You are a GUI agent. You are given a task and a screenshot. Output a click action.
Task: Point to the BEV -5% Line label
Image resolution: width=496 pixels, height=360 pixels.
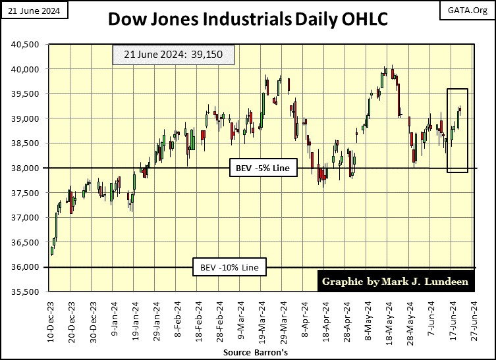(262, 169)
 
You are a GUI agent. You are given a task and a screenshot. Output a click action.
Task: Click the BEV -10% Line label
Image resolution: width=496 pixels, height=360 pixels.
(229, 268)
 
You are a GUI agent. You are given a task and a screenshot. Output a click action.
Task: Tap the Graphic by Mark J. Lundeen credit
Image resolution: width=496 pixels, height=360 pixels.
(395, 282)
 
